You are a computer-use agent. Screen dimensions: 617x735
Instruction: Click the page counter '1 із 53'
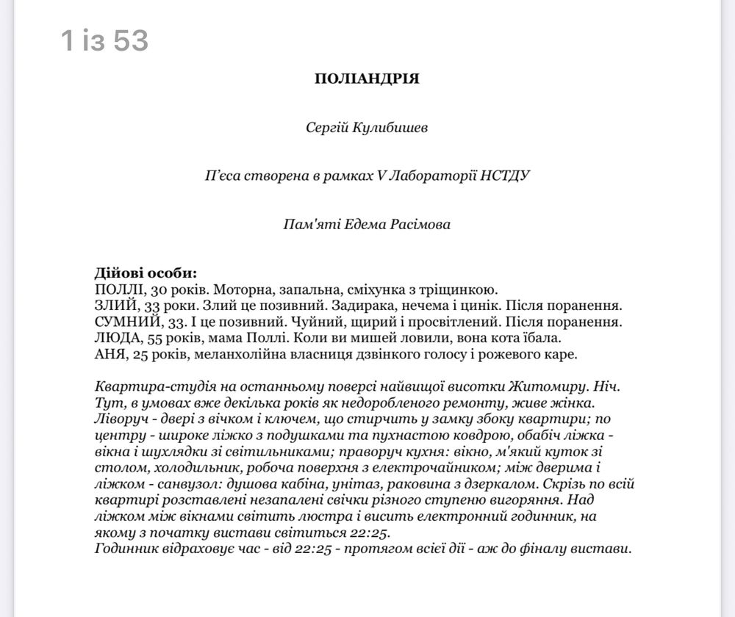105,41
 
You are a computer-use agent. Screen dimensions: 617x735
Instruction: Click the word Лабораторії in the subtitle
429,176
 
